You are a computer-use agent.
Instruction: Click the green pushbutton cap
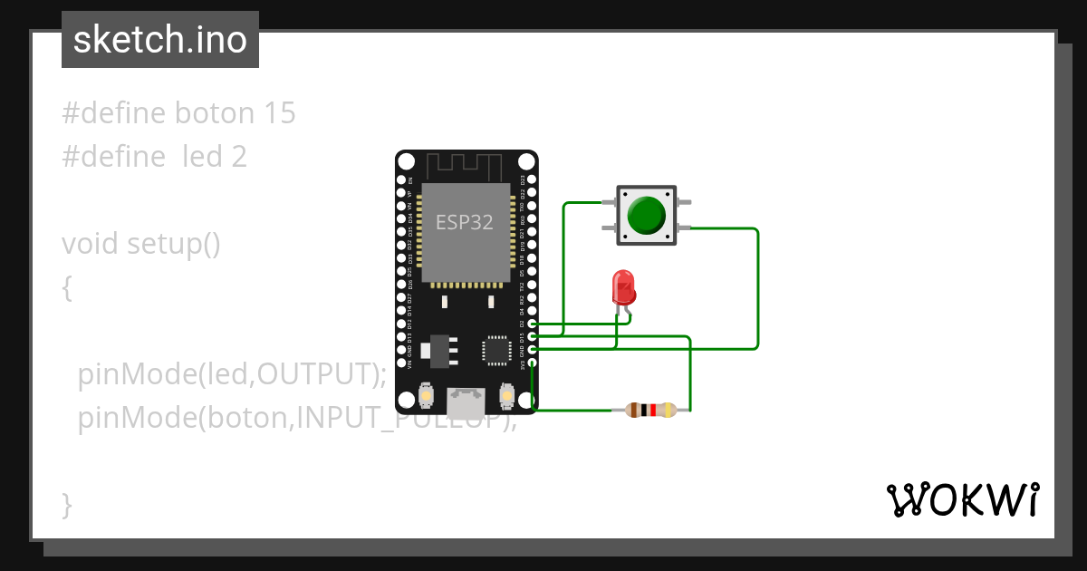pos(646,214)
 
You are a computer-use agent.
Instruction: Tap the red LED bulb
pos(623,287)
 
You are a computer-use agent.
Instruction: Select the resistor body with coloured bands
pos(644,411)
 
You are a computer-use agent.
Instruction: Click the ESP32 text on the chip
pos(465,222)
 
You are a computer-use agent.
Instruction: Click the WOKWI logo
pos(962,499)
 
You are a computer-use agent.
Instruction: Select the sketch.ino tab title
pos(160,40)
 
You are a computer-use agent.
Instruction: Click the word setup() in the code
pos(174,244)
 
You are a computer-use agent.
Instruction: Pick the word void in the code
pos(91,244)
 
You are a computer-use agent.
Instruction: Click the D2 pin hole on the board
pos(533,324)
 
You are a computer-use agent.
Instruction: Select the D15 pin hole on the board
pos(533,336)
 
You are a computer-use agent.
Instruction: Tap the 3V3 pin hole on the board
pos(533,363)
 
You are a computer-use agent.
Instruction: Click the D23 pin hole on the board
pos(533,179)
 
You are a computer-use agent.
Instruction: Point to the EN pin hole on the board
pos(402,179)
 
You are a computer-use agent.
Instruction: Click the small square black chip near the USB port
pos(496,350)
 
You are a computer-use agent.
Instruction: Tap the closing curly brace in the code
pos(66,504)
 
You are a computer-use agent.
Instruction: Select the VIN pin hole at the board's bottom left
pos(402,363)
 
